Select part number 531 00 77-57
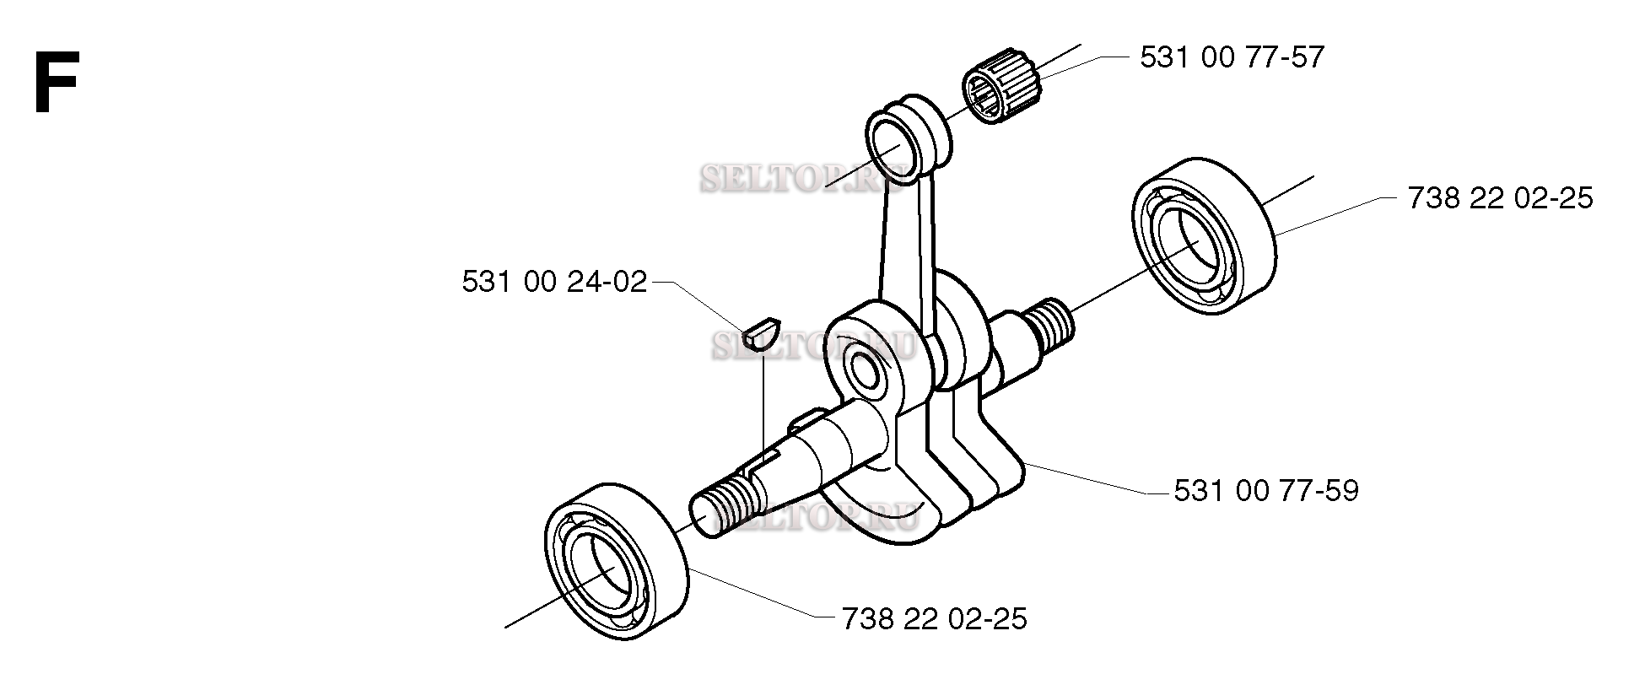(x=1232, y=57)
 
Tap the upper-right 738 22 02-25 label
(x=1500, y=199)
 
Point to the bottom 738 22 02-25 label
(x=935, y=620)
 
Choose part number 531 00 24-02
(x=554, y=282)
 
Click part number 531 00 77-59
(x=1266, y=491)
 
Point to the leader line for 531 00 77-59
(x=1088, y=477)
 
